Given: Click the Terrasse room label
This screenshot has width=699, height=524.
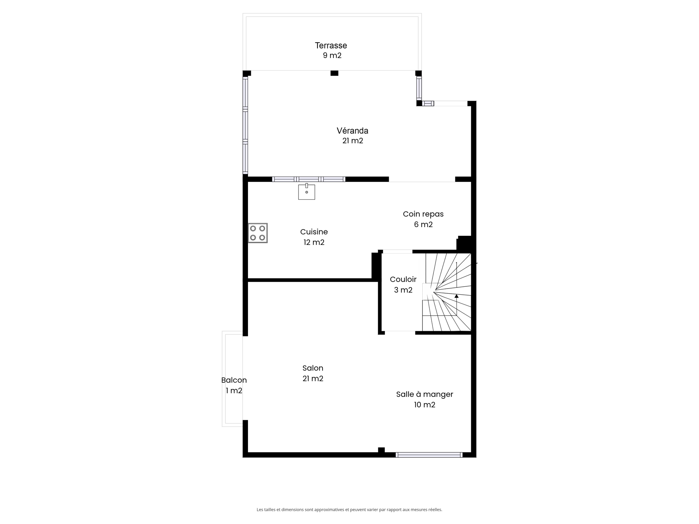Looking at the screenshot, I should tap(331, 45).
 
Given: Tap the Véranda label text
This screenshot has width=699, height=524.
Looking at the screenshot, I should tap(352, 131).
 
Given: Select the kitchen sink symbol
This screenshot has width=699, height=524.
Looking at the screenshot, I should tap(307, 192).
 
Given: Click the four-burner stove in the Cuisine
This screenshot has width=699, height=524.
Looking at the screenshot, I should tap(258, 233).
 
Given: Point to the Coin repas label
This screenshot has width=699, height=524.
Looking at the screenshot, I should tap(423, 214).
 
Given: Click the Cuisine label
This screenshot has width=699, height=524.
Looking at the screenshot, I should tap(314, 232).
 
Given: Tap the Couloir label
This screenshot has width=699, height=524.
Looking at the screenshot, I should tap(403, 279).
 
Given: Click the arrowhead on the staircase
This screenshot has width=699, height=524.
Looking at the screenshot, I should tap(457, 296).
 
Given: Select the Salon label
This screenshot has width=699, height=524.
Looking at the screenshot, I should tap(313, 368).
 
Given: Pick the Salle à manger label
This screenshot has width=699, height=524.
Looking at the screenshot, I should tap(424, 394).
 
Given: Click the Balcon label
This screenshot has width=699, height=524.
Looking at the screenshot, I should tap(234, 380).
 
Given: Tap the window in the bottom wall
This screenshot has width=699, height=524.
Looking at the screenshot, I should tap(429, 455).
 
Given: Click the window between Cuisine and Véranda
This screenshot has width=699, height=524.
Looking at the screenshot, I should tap(308, 179).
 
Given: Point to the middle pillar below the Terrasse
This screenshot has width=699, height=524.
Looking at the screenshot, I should tap(334, 73).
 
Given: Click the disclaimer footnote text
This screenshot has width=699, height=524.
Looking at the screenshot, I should tap(349, 510).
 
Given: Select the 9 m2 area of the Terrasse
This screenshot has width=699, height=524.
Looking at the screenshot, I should tap(332, 56).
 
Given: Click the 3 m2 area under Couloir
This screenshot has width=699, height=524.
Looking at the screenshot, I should tap(403, 290).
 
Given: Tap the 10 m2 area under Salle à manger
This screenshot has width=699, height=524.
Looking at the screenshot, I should tap(424, 405).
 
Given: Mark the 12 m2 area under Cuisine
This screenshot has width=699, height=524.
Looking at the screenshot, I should tap(314, 242).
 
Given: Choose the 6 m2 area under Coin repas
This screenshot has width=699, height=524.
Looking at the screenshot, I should tap(423, 225).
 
